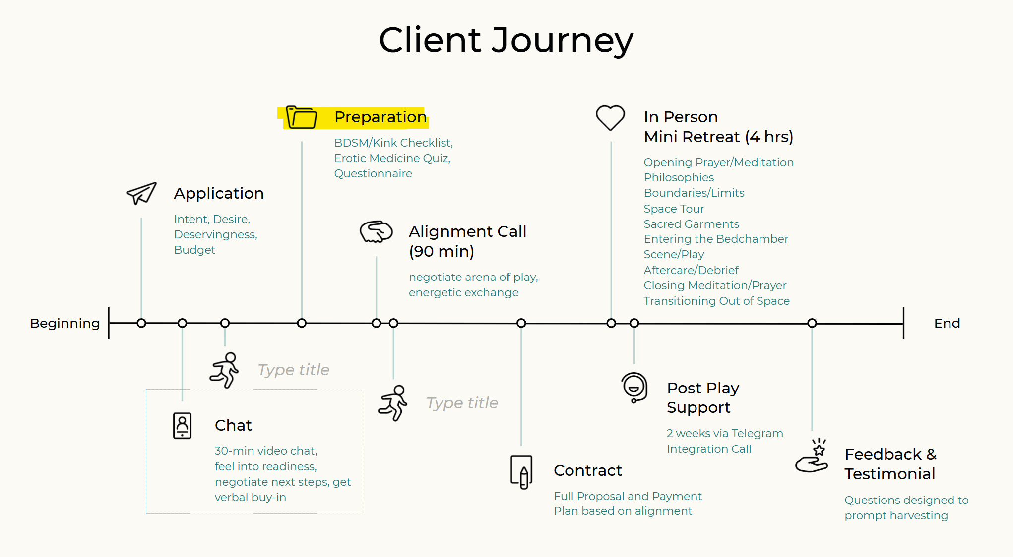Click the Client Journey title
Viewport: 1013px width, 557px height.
coord(506,40)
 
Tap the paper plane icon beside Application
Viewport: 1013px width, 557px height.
coord(141,193)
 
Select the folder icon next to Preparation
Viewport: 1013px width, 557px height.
coord(302,118)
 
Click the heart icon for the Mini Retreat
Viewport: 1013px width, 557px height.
coord(610,117)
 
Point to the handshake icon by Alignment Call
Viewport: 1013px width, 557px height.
coord(376,231)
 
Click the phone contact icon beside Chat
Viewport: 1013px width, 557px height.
coord(182,425)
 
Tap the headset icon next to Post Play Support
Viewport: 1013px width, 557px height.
coord(634,388)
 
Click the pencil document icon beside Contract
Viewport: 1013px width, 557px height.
coord(521,472)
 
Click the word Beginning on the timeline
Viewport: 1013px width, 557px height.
coord(65,323)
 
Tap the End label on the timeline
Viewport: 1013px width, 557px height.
coord(947,323)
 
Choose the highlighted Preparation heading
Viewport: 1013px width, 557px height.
coord(380,117)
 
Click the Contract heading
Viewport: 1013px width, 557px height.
coord(587,470)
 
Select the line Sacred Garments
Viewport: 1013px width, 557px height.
coord(691,224)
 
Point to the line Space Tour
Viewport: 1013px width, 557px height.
coord(674,209)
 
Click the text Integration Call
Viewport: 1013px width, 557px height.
coord(708,449)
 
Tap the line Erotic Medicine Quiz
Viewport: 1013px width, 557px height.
coord(392,158)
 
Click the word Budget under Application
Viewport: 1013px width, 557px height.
coord(194,250)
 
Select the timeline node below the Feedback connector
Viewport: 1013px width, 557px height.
coord(812,323)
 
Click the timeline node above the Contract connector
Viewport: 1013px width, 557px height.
coord(521,323)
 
